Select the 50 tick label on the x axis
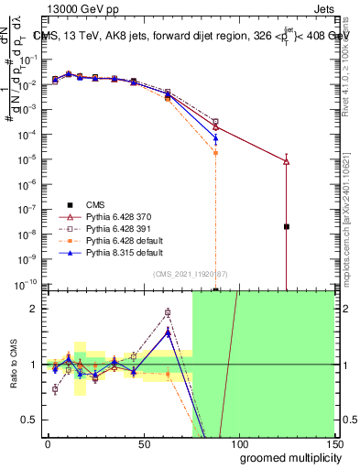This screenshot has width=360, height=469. coord(143,442)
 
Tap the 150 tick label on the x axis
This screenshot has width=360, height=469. coord(333,442)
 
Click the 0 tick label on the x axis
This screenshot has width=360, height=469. coord(48,442)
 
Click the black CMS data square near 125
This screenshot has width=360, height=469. coord(287,226)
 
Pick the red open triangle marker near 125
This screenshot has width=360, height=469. coord(287,161)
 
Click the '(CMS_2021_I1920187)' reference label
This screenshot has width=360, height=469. coord(190,274)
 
